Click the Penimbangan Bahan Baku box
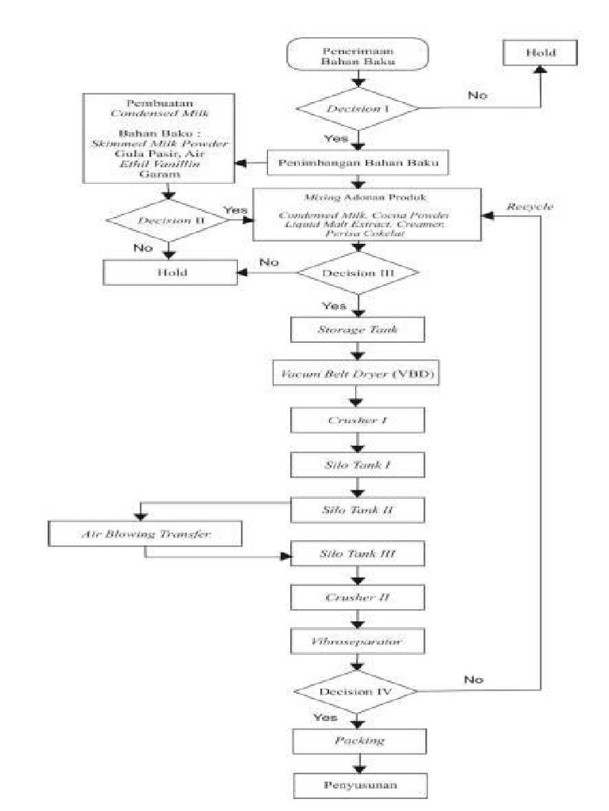[x=360, y=163]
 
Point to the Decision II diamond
[x=167, y=220]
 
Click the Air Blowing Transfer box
[x=145, y=535]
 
